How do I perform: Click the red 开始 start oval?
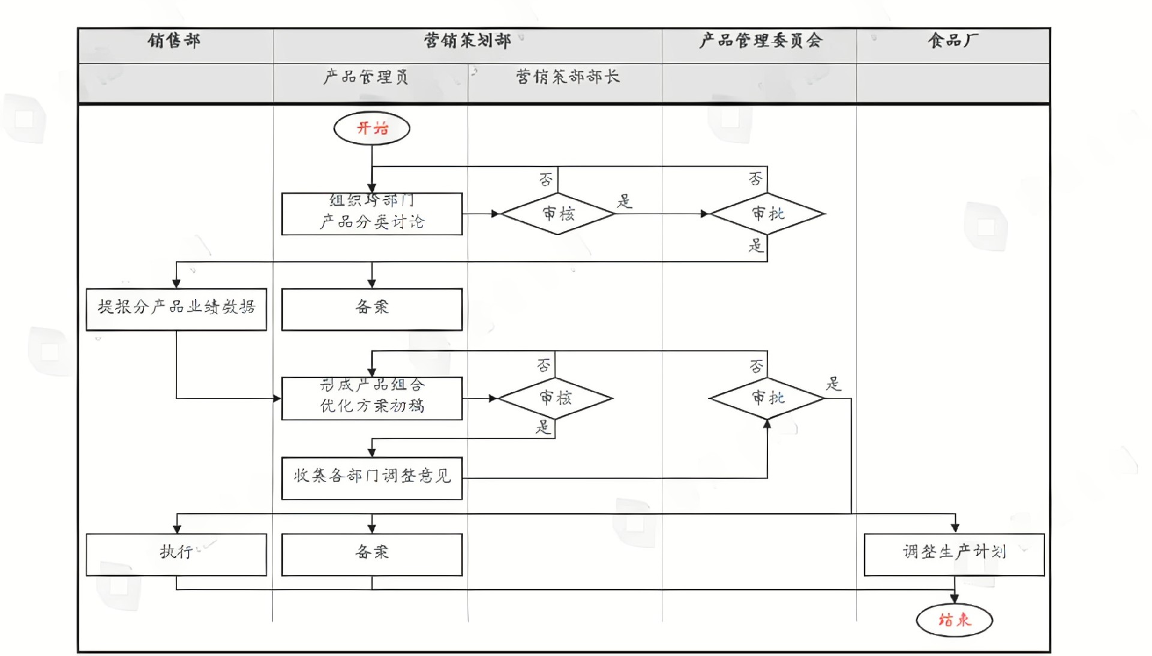(x=371, y=128)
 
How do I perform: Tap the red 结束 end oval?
(x=954, y=619)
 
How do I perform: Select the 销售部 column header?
(x=174, y=41)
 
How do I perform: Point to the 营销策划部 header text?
(x=467, y=41)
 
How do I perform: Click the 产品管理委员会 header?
(x=760, y=41)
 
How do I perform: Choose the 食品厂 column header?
(x=953, y=41)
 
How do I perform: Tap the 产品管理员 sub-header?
(x=365, y=77)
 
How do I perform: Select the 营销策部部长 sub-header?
(x=567, y=77)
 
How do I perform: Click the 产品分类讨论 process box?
(x=371, y=214)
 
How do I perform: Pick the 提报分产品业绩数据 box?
(x=176, y=309)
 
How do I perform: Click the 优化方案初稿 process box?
(x=371, y=398)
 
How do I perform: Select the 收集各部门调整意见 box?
(x=371, y=478)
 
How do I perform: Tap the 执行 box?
(x=176, y=554)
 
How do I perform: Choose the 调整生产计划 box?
(x=954, y=554)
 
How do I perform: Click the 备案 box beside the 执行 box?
(x=371, y=554)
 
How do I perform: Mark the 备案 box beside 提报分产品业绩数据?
(x=371, y=309)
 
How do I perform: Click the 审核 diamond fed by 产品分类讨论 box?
(x=558, y=213)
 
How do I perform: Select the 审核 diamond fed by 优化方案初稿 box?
(x=556, y=398)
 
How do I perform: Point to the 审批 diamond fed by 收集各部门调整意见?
(x=767, y=398)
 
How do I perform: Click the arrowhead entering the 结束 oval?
(x=954, y=598)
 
